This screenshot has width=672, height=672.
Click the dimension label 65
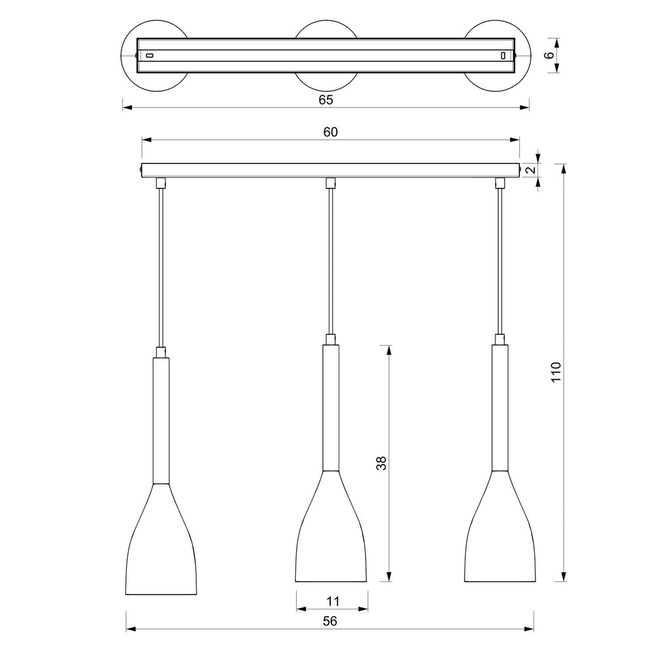pyautogui.click(x=325, y=100)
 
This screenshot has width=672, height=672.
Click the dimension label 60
pyautogui.click(x=331, y=132)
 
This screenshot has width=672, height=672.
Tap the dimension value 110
pyautogui.click(x=556, y=373)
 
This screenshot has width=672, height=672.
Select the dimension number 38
pyautogui.click(x=381, y=463)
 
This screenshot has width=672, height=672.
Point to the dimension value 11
pyautogui.click(x=333, y=601)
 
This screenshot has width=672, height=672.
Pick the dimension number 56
pyautogui.click(x=330, y=621)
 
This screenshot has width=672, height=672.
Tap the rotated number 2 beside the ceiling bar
pyautogui.click(x=530, y=170)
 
